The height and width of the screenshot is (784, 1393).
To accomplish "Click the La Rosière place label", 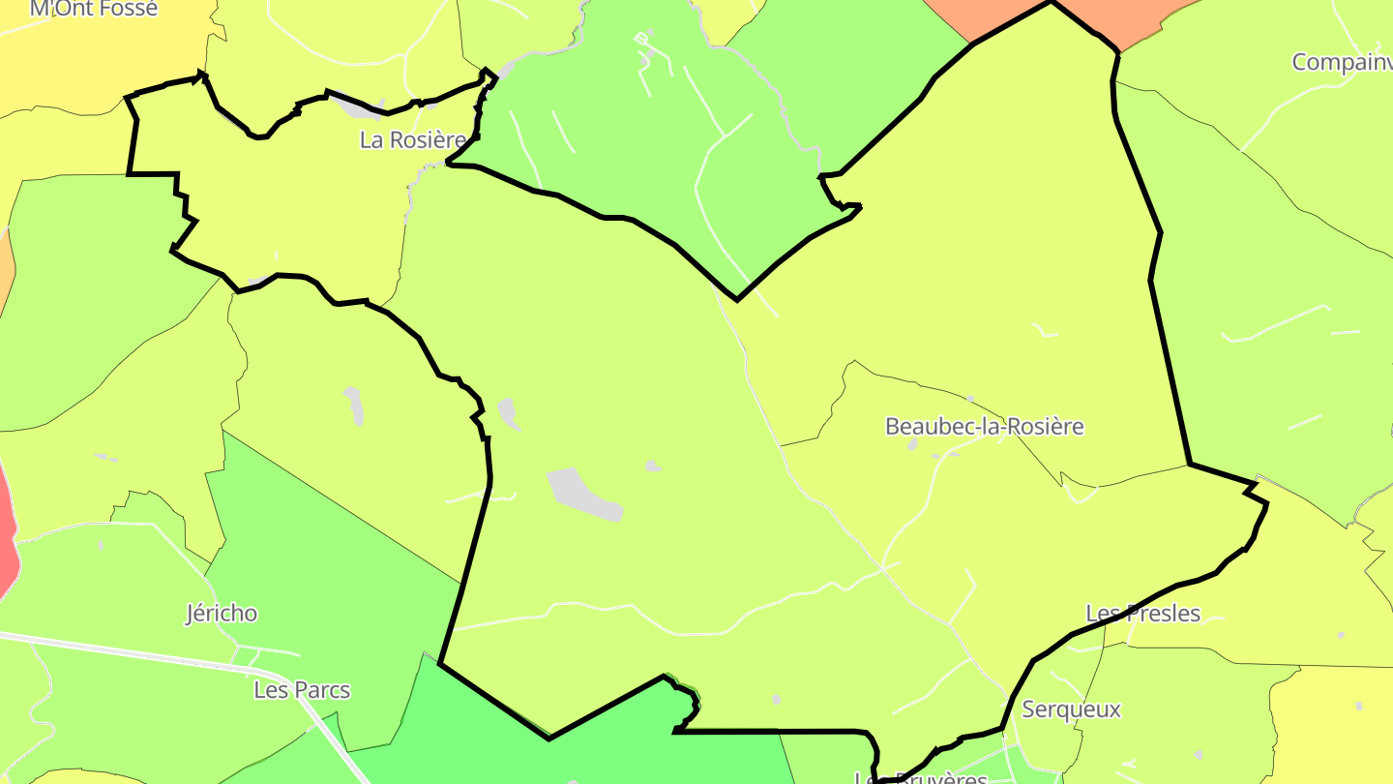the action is [x=412, y=139].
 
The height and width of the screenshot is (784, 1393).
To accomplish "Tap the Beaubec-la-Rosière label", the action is [x=984, y=426].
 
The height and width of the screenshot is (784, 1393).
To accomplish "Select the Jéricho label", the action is [x=222, y=613].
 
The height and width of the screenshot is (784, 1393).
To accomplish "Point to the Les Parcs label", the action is [x=302, y=690].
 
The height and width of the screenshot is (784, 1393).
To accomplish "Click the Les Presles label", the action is [x=1142, y=613].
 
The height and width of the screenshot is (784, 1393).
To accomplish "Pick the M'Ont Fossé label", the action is [x=93, y=9].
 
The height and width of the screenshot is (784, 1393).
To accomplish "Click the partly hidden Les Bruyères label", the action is [x=921, y=777].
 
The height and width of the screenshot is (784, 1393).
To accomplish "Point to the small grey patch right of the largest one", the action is [x=653, y=467].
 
